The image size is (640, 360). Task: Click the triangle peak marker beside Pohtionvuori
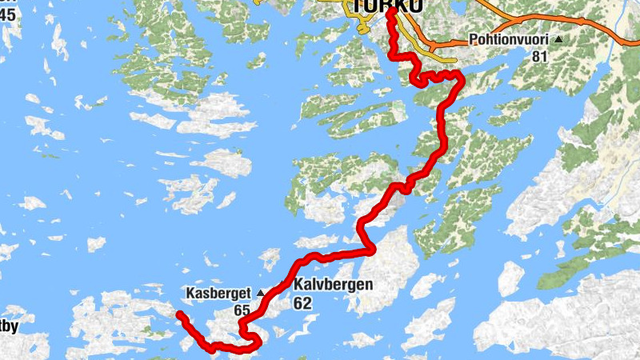[558, 38]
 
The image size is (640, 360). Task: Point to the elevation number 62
[302, 303]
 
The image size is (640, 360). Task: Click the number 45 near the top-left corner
[7, 14]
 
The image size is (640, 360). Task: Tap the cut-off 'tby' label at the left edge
[8, 326]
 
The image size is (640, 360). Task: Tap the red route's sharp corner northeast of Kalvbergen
[371, 250]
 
